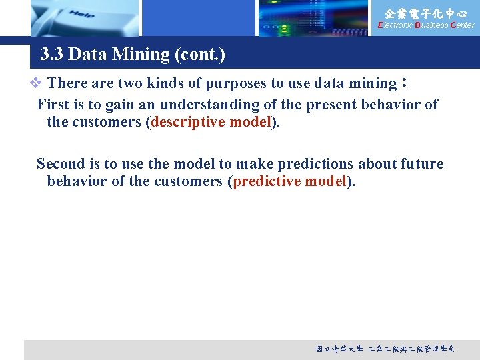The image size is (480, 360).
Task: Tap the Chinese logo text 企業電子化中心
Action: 426,13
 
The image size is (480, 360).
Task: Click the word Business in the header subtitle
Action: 431,25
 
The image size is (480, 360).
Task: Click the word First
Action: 53,105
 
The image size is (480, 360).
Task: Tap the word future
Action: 422,164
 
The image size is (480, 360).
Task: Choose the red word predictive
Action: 264,182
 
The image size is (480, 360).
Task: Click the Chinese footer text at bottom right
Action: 385,349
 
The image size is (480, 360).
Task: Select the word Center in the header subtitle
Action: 463,25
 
